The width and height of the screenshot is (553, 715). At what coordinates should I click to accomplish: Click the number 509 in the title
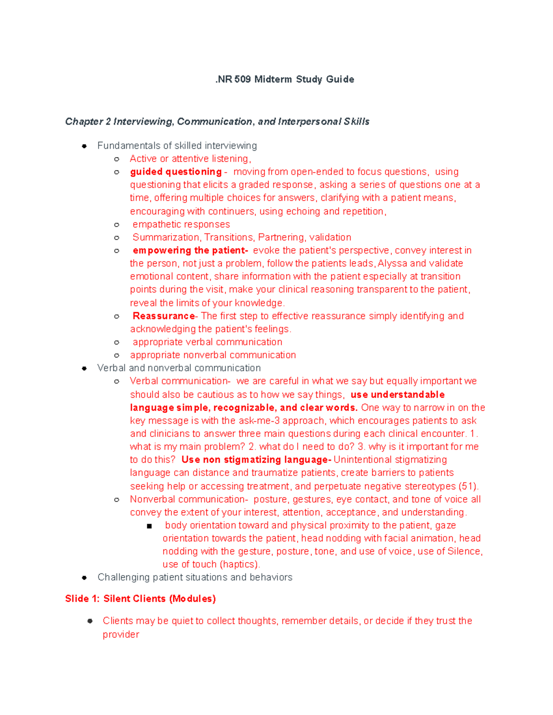[242, 79]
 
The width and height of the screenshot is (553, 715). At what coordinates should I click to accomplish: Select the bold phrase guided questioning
[176, 172]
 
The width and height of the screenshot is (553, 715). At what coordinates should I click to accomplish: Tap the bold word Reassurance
[164, 316]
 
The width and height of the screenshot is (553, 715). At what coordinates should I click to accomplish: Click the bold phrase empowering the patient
[189, 250]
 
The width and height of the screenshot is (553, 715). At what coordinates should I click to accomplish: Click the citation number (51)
[468, 486]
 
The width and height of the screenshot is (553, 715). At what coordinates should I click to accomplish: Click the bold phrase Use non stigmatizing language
[256, 459]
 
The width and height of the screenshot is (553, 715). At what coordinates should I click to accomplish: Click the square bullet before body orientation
[149, 526]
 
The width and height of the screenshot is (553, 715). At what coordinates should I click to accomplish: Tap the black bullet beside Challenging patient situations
[84, 577]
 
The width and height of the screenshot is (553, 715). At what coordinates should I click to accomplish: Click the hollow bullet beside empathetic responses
[117, 225]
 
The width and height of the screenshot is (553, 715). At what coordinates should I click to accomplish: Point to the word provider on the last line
[121, 634]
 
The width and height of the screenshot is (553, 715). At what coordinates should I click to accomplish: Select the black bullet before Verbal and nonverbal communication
[84, 368]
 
